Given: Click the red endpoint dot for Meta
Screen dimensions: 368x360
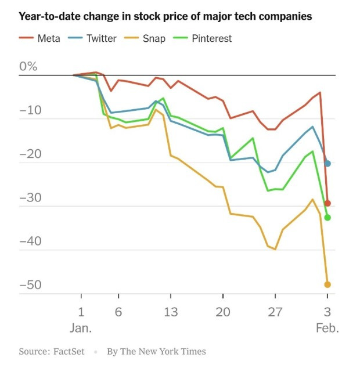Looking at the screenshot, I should point(327,203).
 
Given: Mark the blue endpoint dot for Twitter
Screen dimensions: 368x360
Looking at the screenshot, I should point(327,163).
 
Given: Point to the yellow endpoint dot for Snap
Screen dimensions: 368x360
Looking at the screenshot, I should point(327,284).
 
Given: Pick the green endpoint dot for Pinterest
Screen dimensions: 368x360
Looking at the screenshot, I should point(327,218).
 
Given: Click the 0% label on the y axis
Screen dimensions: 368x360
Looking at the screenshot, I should point(28,66).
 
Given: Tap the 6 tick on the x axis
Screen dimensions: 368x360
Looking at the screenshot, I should point(118,312).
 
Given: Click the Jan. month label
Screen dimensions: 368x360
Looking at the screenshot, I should point(81,328).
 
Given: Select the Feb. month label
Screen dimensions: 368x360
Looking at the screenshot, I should point(327,328).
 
